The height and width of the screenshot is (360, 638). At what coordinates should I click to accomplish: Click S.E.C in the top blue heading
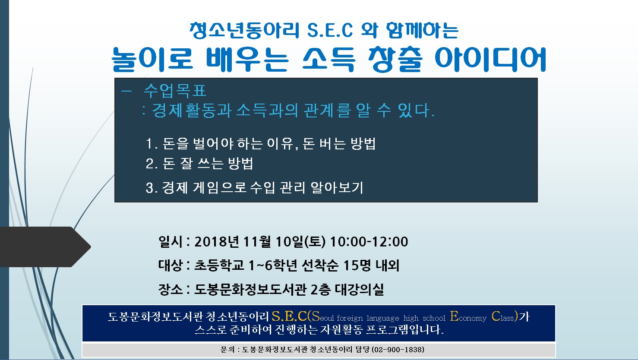tap(330, 30)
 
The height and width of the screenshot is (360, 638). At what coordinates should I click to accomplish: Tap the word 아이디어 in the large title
tap(490, 59)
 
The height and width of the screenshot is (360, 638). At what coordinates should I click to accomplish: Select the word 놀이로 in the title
tap(152, 59)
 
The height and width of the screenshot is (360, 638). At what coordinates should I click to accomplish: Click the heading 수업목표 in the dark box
tap(175, 91)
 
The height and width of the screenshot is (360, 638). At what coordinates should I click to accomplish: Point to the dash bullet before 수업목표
tap(126, 91)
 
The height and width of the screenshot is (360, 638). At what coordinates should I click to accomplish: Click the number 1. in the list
tap(152, 144)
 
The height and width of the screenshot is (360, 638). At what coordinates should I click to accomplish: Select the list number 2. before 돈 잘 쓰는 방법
tap(152, 164)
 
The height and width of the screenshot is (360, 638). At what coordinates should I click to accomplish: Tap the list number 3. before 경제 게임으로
tap(152, 188)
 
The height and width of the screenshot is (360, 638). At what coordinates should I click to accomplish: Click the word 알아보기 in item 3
tap(337, 188)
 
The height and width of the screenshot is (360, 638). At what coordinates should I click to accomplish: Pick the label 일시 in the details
tap(171, 242)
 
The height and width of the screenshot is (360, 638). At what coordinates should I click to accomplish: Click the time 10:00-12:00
tap(369, 242)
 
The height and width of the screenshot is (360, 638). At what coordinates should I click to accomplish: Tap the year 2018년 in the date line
tap(216, 242)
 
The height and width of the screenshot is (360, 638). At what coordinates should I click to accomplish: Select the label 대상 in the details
tap(171, 265)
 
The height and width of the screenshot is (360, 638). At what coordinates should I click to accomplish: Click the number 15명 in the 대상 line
tap(357, 265)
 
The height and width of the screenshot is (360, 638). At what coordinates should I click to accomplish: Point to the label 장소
tap(171, 289)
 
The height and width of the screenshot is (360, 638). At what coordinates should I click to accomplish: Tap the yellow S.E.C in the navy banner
tap(289, 316)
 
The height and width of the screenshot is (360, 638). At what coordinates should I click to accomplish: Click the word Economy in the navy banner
tap(468, 316)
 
